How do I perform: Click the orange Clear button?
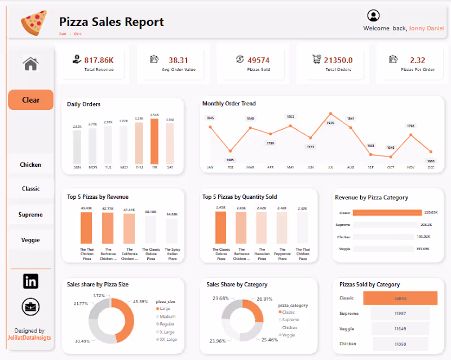(x=30, y=100)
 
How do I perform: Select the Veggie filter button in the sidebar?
(x=30, y=240)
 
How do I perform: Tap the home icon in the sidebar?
(x=30, y=64)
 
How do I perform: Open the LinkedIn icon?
(x=30, y=281)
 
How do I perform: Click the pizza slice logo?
(x=33, y=22)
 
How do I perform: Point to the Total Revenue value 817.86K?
(x=99, y=60)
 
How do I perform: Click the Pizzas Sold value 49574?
(x=258, y=60)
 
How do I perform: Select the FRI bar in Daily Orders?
(x=154, y=141)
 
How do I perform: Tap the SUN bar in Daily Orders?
(x=77, y=148)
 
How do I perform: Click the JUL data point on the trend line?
(x=330, y=114)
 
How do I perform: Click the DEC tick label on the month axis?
(x=431, y=167)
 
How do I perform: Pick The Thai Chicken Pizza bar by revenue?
(x=86, y=228)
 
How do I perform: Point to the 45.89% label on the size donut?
(x=145, y=302)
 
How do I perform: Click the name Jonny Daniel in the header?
(x=427, y=28)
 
